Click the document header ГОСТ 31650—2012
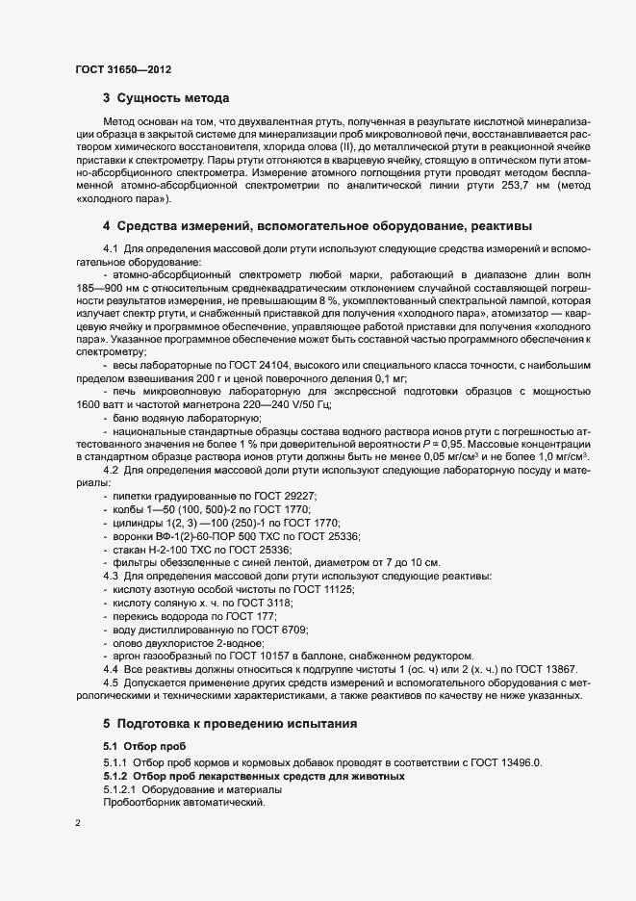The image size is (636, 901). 123,69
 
